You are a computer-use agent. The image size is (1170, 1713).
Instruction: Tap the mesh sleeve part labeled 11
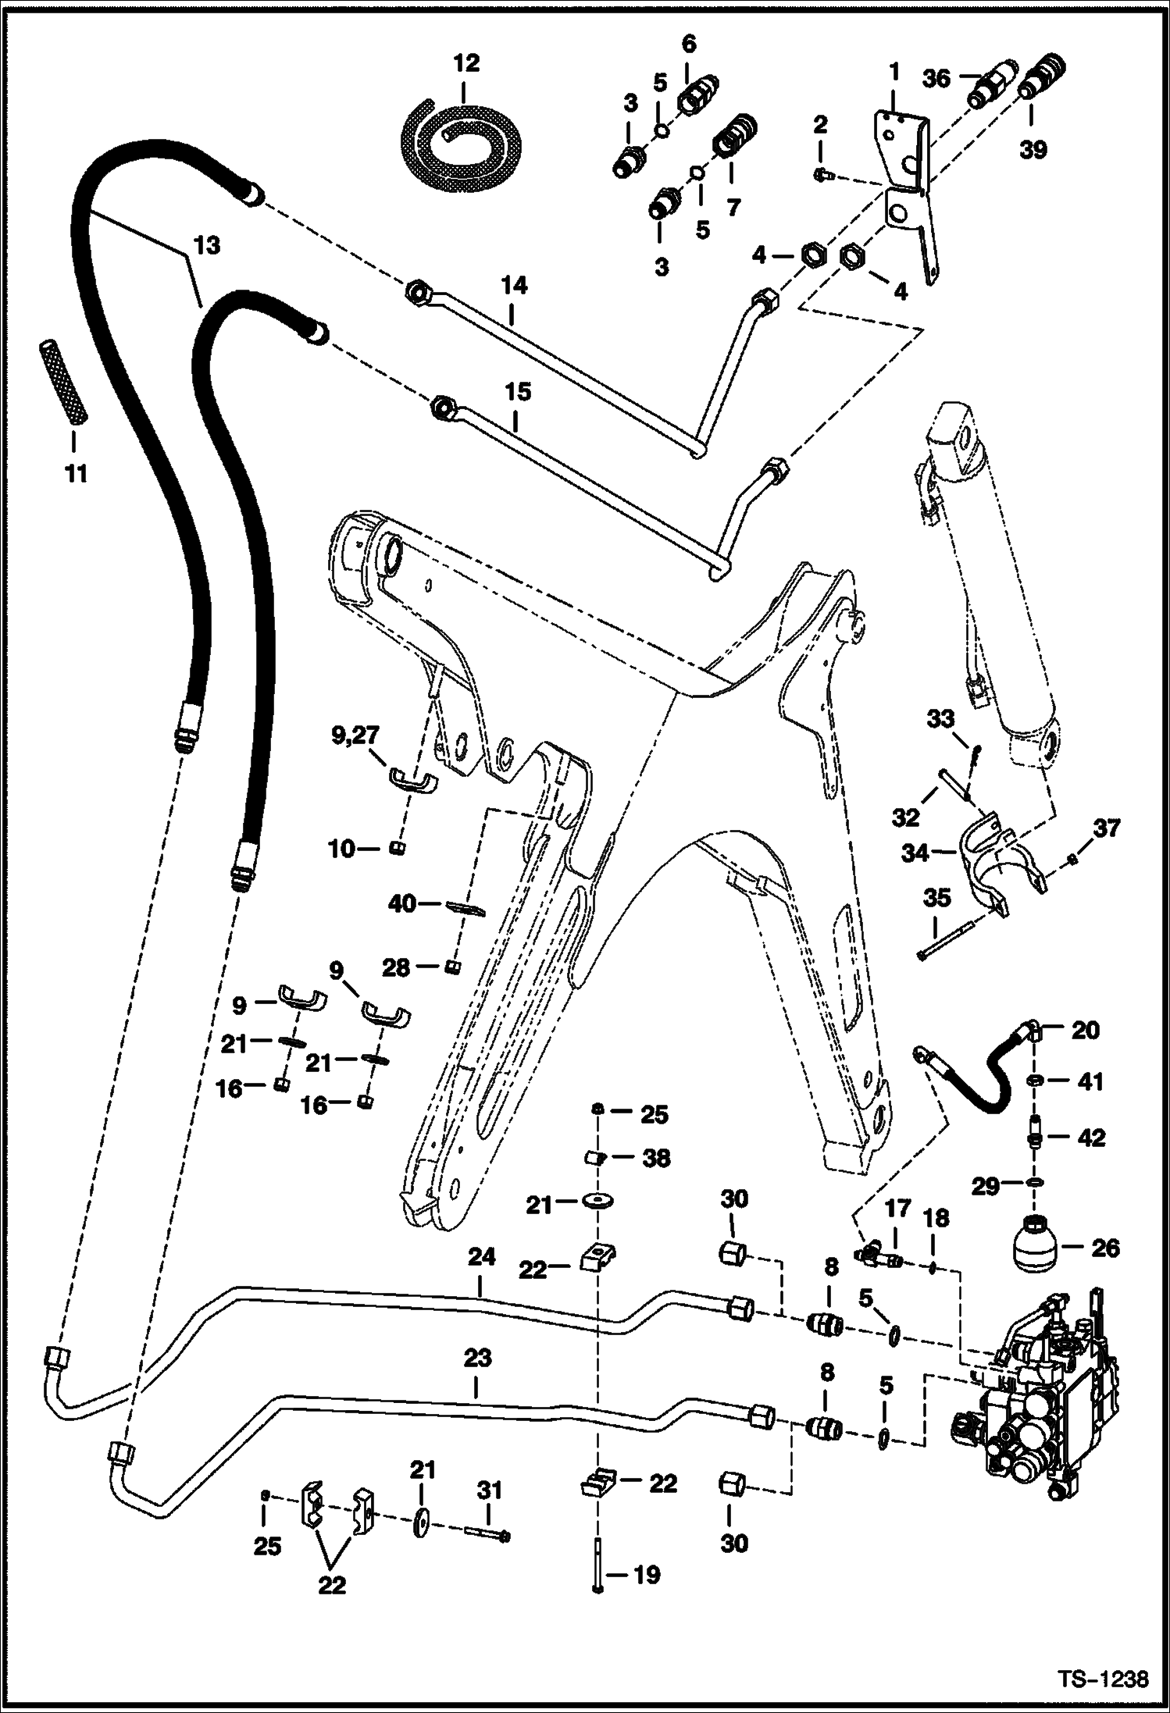click(65, 383)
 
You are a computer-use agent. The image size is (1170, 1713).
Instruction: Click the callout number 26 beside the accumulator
click(1104, 1248)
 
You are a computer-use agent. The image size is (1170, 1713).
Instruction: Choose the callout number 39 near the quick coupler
click(1033, 150)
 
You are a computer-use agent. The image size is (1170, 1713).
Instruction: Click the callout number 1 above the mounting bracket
click(894, 72)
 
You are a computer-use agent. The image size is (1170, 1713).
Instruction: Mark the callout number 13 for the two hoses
click(207, 246)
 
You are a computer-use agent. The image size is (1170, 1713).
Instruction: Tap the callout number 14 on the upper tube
click(513, 286)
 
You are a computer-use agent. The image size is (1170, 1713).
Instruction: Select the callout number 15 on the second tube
click(517, 392)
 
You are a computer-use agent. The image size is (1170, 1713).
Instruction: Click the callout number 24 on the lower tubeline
click(482, 1279)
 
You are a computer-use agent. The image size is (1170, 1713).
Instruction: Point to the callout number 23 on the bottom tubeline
click(477, 1359)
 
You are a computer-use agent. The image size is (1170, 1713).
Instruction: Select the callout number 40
click(403, 904)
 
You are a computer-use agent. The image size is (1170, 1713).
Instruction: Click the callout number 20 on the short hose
click(1085, 1031)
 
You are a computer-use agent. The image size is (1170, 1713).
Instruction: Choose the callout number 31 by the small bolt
click(489, 1490)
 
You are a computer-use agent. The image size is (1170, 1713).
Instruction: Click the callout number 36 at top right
click(936, 78)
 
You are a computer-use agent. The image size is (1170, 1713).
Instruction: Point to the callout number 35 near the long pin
click(936, 898)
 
